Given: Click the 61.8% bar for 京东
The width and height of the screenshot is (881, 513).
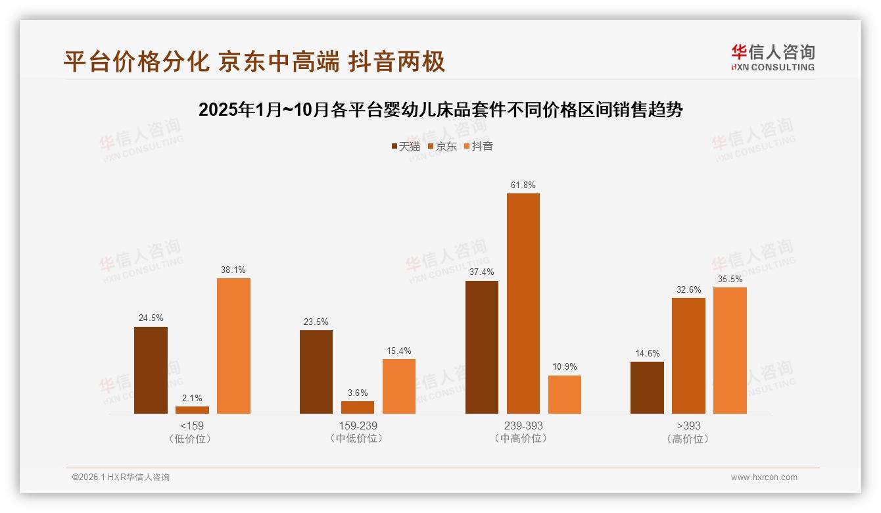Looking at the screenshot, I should pyautogui.click(x=523, y=303).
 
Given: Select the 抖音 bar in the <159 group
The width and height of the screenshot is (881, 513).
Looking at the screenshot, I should pyautogui.click(x=233, y=346).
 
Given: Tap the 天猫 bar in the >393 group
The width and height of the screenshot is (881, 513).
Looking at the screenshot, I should pyautogui.click(x=647, y=387).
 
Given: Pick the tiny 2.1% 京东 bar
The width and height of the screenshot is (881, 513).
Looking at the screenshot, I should pyautogui.click(x=192, y=410).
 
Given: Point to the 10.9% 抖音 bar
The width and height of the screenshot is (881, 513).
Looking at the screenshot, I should pyautogui.click(x=564, y=395).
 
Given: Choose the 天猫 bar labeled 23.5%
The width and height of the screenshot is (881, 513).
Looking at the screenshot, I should pyautogui.click(x=316, y=372).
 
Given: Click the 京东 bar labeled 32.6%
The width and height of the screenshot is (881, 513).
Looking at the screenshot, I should pyautogui.click(x=688, y=356).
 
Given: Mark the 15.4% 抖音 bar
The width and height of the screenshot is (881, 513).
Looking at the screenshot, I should pyautogui.click(x=399, y=386).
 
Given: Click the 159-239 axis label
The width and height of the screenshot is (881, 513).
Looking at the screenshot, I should pyautogui.click(x=358, y=426).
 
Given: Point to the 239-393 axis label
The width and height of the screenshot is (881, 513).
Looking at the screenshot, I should pyautogui.click(x=523, y=426).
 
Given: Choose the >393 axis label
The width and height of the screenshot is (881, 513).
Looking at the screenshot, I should pyautogui.click(x=688, y=426).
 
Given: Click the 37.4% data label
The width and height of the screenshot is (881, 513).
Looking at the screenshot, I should pyautogui.click(x=481, y=272).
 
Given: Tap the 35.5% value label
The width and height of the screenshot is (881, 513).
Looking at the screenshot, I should pyautogui.click(x=730, y=279).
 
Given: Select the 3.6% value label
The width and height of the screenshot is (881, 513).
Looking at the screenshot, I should pyautogui.click(x=358, y=393).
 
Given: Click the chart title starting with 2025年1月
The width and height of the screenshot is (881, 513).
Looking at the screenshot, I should pyautogui.click(x=441, y=110).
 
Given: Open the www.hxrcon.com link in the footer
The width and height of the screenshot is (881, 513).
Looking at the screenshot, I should pyautogui.click(x=764, y=477).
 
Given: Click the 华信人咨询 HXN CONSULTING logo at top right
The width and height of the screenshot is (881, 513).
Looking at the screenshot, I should pyautogui.click(x=773, y=57).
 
